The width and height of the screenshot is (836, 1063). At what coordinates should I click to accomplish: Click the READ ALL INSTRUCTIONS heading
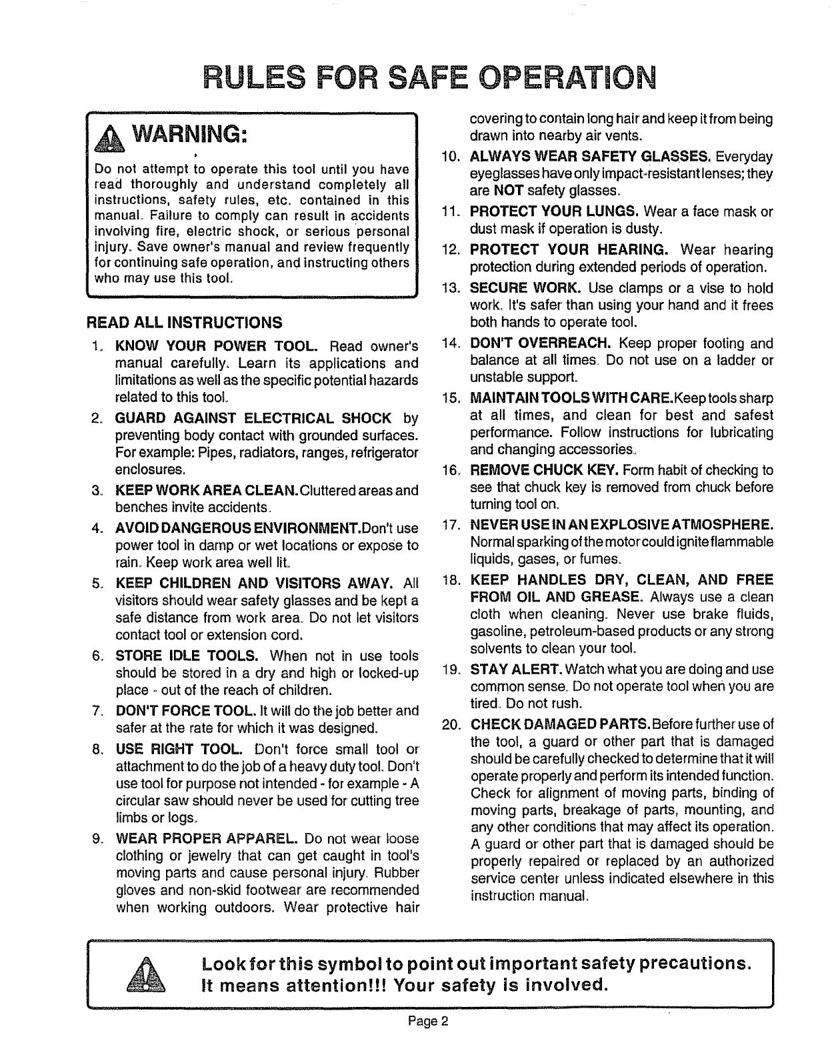coord(183,323)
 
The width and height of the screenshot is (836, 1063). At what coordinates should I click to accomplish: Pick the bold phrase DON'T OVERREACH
coord(541,343)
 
